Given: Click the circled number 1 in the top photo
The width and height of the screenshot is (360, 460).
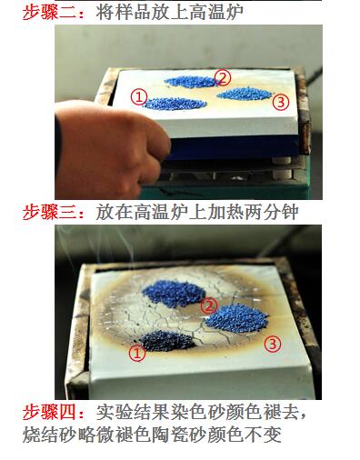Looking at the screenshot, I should click(x=138, y=95).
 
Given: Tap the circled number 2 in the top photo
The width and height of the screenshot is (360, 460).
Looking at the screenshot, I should click(x=223, y=77).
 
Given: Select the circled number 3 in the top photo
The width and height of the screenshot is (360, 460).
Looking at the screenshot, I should click(x=281, y=102).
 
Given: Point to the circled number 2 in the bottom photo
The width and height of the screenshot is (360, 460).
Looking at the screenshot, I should click(x=209, y=306).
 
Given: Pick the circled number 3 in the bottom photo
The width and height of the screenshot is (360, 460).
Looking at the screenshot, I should click(x=272, y=344).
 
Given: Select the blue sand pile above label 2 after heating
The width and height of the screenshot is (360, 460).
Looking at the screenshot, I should click(x=177, y=292).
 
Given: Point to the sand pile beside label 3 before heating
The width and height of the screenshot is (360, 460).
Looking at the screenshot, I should click(x=245, y=94).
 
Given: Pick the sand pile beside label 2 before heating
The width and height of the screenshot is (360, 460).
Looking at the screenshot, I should click(x=191, y=82).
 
